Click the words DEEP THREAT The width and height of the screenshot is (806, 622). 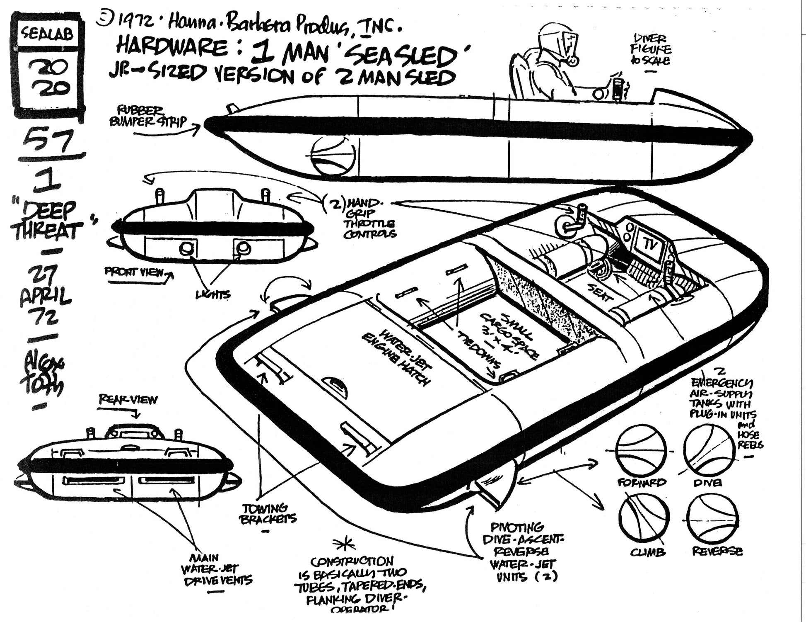pos(46,221)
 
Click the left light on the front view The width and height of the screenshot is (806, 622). pos(186,248)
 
